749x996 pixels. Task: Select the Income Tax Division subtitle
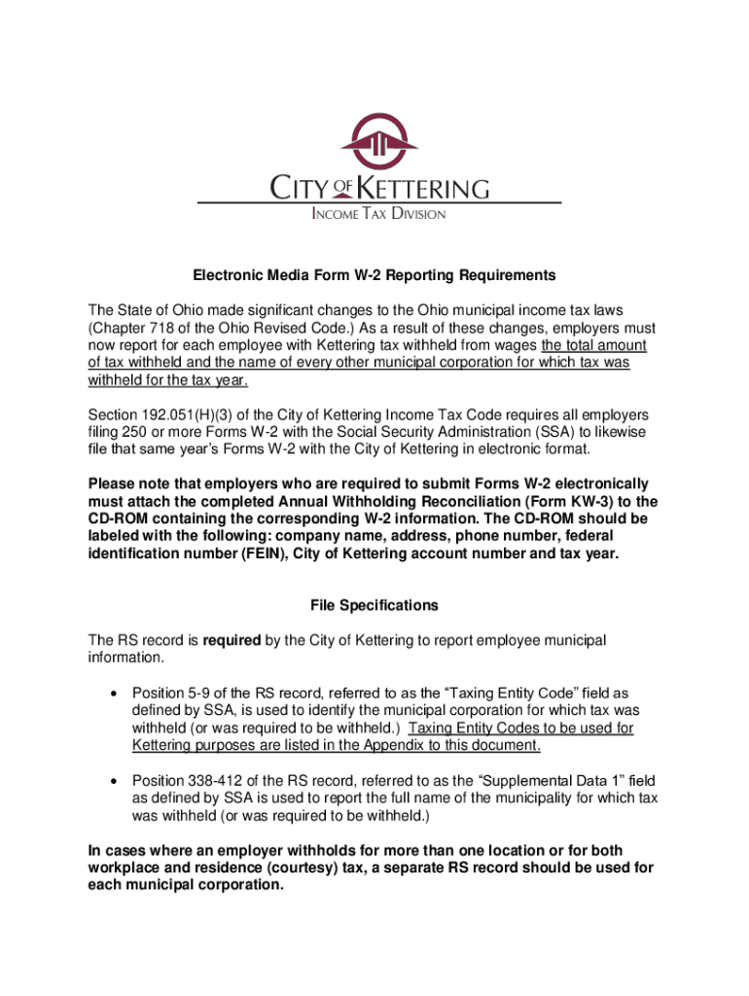tap(378, 214)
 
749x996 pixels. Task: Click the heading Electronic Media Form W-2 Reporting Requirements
tap(374, 275)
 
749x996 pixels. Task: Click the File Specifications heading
tap(374, 605)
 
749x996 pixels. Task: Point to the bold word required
tap(232, 640)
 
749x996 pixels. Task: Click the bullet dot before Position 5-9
tap(116, 694)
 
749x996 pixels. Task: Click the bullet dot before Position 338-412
tap(116, 781)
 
